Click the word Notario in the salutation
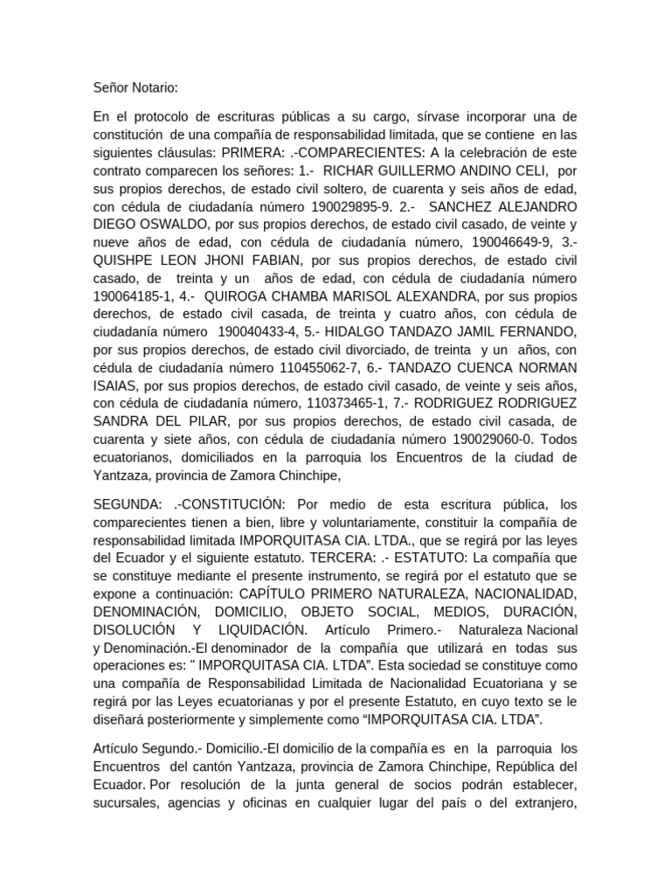(x=153, y=87)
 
